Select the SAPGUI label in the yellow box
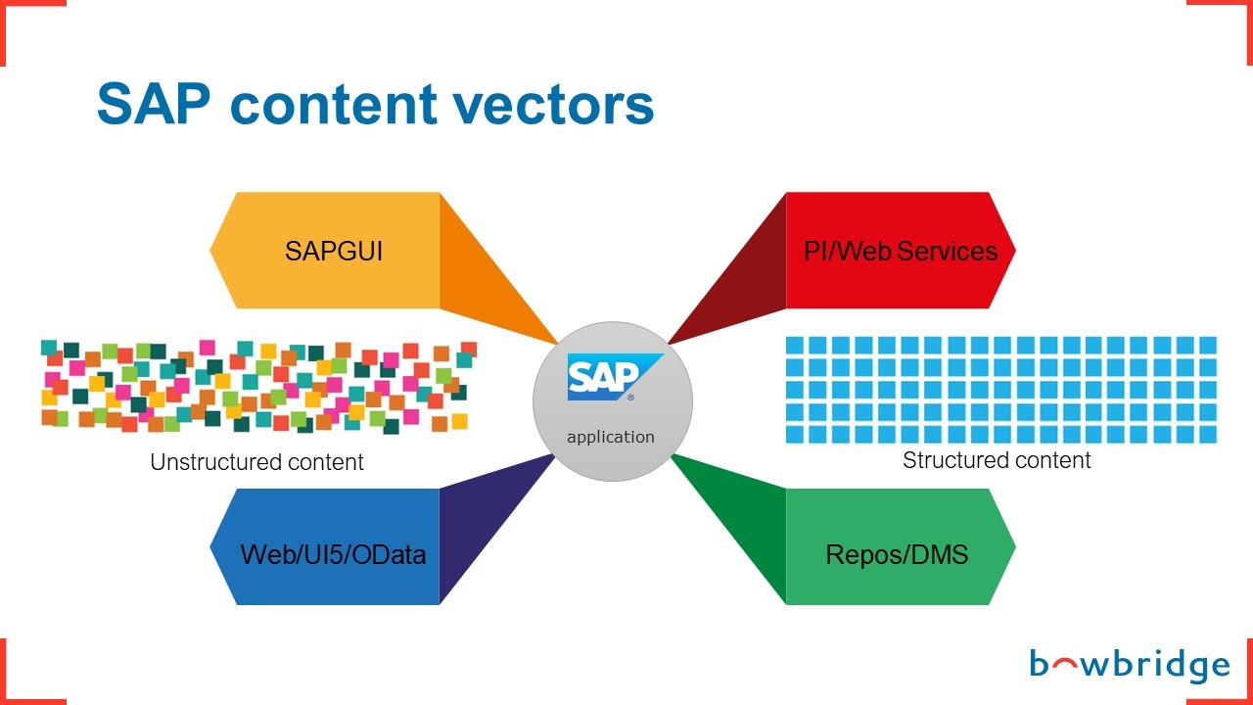click(334, 251)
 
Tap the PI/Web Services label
click(901, 251)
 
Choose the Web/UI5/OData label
click(333, 554)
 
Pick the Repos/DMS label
click(897, 554)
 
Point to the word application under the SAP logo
click(611, 437)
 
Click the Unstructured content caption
click(256, 462)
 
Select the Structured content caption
click(997, 460)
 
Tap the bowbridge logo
click(1129, 667)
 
